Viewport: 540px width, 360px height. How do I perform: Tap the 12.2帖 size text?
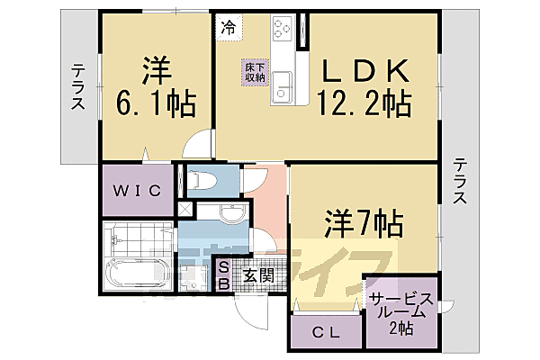click(x=363, y=105)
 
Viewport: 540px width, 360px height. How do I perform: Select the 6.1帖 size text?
click(x=156, y=104)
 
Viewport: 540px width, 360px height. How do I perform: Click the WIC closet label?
click(x=137, y=190)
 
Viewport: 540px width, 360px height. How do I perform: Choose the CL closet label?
click(x=327, y=332)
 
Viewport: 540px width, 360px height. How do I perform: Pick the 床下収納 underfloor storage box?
click(x=254, y=72)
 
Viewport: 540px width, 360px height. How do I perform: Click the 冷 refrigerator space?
click(x=229, y=29)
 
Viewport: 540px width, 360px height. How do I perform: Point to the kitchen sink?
click(x=284, y=87)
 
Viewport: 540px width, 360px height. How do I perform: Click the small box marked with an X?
click(x=185, y=209)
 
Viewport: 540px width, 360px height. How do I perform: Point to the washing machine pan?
click(x=193, y=274)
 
